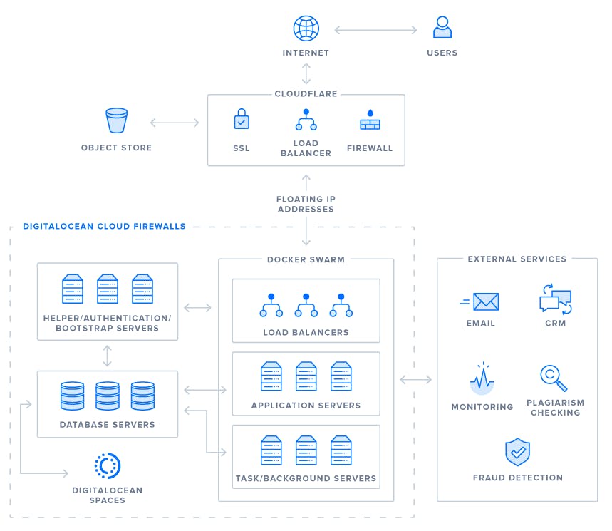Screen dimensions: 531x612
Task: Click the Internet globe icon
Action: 306,29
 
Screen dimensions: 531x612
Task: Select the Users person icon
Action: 442,28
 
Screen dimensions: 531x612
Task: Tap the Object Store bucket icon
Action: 116,121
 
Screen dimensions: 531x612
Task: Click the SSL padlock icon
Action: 242,119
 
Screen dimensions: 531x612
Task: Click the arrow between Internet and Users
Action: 375,30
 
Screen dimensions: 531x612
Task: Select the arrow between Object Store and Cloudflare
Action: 175,123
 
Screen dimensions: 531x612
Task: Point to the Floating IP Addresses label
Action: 306,204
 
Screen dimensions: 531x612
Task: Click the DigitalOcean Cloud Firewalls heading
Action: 104,227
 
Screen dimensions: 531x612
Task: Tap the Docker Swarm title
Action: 306,259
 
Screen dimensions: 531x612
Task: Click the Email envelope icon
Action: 484,302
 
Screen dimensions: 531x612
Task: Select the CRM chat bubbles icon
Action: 555,299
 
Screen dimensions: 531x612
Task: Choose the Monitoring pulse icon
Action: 482,379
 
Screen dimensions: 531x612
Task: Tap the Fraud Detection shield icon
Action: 517,452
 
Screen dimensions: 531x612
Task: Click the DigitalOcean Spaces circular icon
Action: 108,466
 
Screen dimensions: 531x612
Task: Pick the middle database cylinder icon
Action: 108,396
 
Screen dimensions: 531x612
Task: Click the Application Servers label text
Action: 306,406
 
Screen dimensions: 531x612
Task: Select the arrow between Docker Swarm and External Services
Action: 416,380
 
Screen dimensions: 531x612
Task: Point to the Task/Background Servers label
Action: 306,478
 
